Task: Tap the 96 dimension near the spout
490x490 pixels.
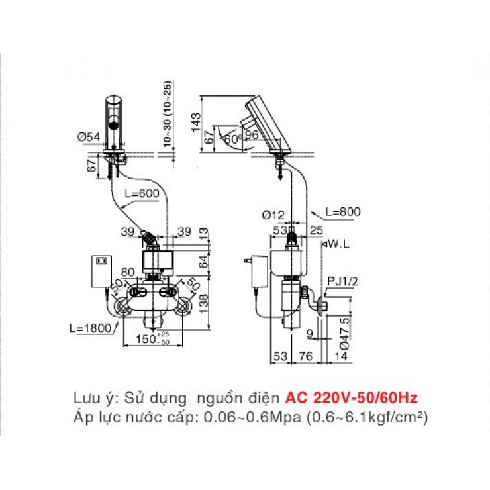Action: coord(252,134)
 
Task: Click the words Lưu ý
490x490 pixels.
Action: coord(89,398)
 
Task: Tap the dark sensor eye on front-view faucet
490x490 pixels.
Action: coord(113,123)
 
